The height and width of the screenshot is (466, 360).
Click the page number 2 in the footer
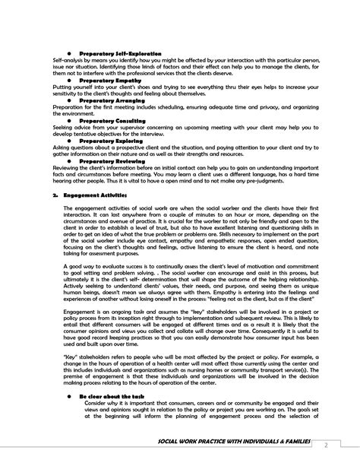pyautogui.click(x=346, y=445)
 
